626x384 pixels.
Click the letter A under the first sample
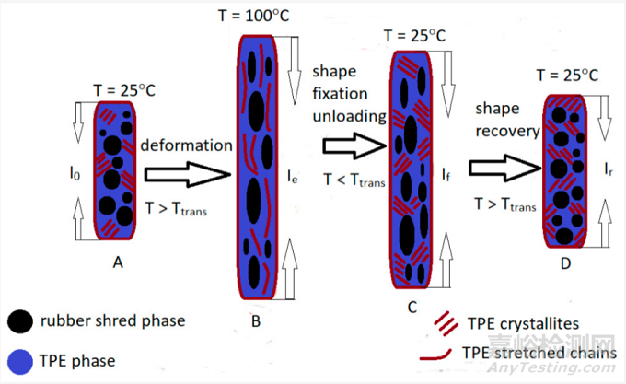118,262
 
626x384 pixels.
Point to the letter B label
255,320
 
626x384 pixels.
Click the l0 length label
86,171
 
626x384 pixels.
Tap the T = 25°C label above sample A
130,88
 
